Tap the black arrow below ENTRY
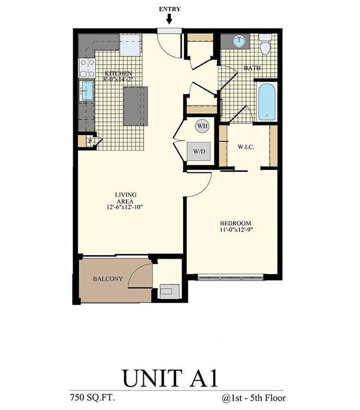pyautogui.click(x=169, y=19)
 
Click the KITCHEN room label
pyautogui.click(x=118, y=74)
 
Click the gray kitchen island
pyautogui.click(x=135, y=106)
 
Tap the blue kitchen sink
pyautogui.click(x=87, y=91)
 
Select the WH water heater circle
pyautogui.click(x=202, y=126)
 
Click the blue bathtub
pyautogui.click(x=267, y=102)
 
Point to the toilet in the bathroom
pyautogui.click(x=265, y=45)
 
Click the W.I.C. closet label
pyautogui.click(x=247, y=147)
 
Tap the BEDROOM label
pyautogui.click(x=236, y=223)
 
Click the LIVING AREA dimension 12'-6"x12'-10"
pyautogui.click(x=125, y=207)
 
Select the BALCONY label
pyautogui.click(x=107, y=279)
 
